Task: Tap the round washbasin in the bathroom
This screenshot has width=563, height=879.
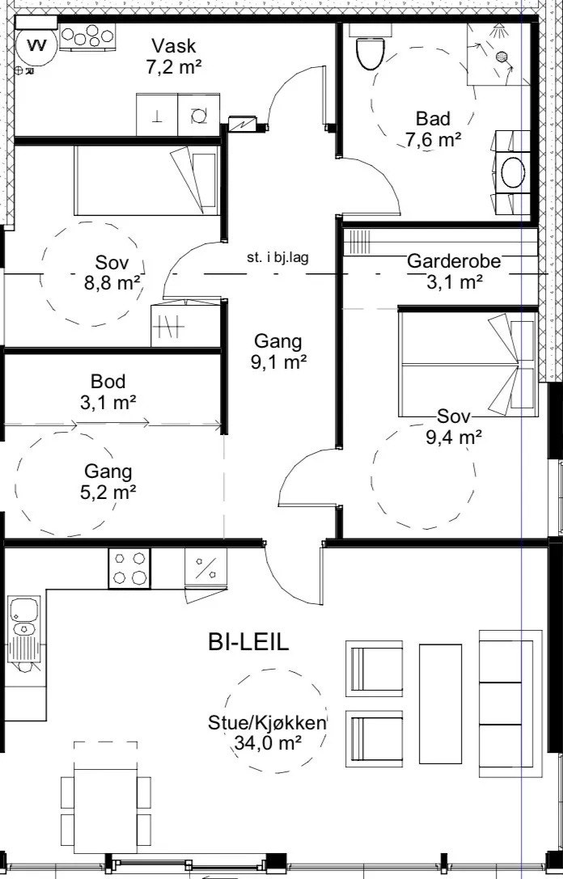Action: (x=513, y=172)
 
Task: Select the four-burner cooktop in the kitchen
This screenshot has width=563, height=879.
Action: (x=129, y=568)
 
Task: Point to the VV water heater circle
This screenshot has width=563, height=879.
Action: (x=36, y=46)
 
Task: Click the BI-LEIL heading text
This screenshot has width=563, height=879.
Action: (x=248, y=642)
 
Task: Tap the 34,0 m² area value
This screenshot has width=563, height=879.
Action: (x=266, y=743)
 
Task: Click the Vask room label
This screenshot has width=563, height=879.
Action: (x=174, y=45)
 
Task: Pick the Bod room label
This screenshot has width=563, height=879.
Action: (x=108, y=382)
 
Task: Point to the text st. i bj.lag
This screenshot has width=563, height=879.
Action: (x=277, y=258)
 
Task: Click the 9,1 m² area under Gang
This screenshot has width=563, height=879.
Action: (x=279, y=362)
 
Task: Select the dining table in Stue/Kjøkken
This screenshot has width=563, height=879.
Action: (x=105, y=810)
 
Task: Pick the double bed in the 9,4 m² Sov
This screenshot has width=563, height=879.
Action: (x=468, y=365)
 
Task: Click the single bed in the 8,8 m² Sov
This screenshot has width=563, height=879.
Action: (x=146, y=180)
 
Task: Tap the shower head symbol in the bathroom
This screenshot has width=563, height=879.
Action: (x=498, y=31)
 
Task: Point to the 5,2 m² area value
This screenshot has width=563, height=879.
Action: (x=108, y=492)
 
